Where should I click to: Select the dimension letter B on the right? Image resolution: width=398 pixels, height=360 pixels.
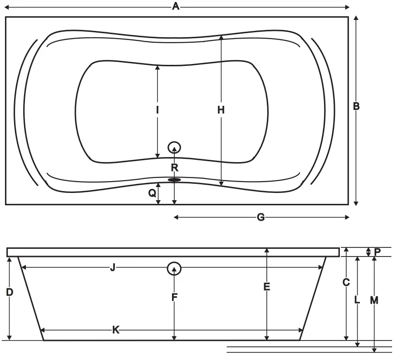click(x=356, y=106)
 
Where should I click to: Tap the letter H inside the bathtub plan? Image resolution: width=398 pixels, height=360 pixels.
click(x=221, y=110)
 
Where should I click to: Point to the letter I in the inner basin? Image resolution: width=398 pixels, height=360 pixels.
click(x=157, y=110)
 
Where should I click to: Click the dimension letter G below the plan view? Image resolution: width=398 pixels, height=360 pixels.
click(x=260, y=217)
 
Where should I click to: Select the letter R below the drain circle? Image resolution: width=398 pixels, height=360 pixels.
click(x=175, y=168)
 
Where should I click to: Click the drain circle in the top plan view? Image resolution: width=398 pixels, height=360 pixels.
click(x=174, y=148)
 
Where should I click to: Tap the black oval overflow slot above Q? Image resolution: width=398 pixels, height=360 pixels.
click(x=174, y=180)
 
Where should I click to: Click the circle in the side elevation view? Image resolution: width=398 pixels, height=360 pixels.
click(x=174, y=269)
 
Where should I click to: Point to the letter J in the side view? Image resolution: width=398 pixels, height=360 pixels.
click(x=113, y=268)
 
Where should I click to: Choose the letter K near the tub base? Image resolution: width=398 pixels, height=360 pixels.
click(x=116, y=330)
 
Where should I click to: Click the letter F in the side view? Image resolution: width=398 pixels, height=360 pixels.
click(x=174, y=297)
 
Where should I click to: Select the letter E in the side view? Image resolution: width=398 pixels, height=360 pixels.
click(x=267, y=287)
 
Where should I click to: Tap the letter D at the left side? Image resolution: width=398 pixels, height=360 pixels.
click(x=10, y=292)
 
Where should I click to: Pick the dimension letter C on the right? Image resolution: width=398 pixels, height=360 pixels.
click(x=346, y=282)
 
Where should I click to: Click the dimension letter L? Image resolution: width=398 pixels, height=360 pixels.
click(x=357, y=300)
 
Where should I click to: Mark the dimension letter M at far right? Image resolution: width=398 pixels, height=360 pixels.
click(x=374, y=300)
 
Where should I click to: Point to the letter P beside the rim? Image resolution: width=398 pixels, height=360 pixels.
click(x=378, y=251)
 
